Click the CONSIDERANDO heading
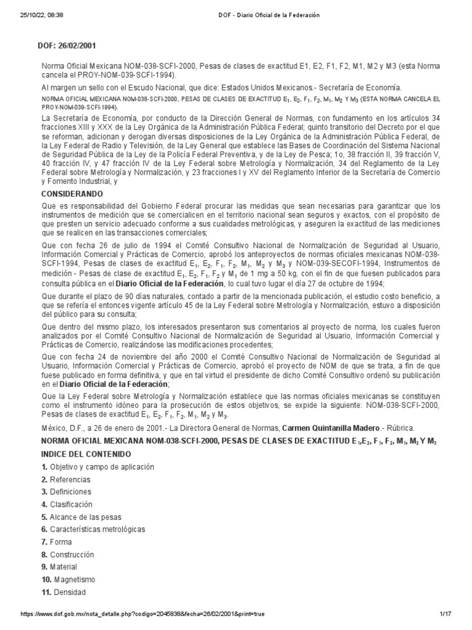[71, 193]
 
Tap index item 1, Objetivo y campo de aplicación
[98, 467]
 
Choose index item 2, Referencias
[66, 479]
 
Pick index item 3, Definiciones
[66, 492]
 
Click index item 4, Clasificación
[67, 504]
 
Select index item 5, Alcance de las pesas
[79, 517]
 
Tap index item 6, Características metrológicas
[93, 529]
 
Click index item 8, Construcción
[68, 554]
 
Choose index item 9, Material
[61, 567]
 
